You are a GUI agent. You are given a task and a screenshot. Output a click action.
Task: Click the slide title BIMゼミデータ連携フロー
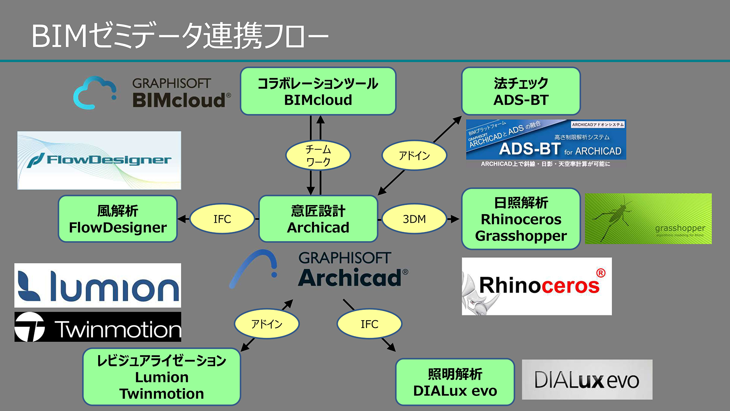click(x=180, y=36)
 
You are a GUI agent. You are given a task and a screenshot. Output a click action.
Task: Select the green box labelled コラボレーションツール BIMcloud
click(x=318, y=91)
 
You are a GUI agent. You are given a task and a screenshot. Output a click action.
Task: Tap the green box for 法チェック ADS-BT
click(x=521, y=91)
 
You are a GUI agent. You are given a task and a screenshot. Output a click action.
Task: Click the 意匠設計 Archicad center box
click(x=318, y=219)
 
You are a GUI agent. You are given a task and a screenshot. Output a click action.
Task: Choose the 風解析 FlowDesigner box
click(x=118, y=219)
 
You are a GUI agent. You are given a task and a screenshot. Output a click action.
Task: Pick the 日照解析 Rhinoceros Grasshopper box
click(x=521, y=219)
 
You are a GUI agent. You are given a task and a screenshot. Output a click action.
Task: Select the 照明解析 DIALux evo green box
click(x=455, y=382)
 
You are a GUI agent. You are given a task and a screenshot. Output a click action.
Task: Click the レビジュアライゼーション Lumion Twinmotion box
click(x=162, y=377)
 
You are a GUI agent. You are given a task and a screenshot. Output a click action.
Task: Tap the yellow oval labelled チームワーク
click(x=318, y=155)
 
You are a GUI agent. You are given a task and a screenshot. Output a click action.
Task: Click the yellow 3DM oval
click(x=414, y=219)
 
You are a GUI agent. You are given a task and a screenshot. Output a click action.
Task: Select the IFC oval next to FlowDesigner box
click(x=222, y=219)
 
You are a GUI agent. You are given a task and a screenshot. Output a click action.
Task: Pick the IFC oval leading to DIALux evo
click(x=369, y=324)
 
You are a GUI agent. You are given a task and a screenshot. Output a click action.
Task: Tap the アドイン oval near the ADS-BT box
click(x=414, y=155)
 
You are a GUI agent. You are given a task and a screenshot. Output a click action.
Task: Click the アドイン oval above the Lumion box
click(x=267, y=324)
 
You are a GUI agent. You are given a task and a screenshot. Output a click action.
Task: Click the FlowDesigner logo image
click(x=99, y=160)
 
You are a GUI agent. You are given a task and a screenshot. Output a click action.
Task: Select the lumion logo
click(x=98, y=285)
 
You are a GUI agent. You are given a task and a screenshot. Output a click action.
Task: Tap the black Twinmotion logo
click(x=98, y=327)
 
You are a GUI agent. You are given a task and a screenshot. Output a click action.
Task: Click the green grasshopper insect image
click(x=648, y=219)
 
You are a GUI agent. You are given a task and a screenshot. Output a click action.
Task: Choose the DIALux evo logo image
click(x=587, y=380)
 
